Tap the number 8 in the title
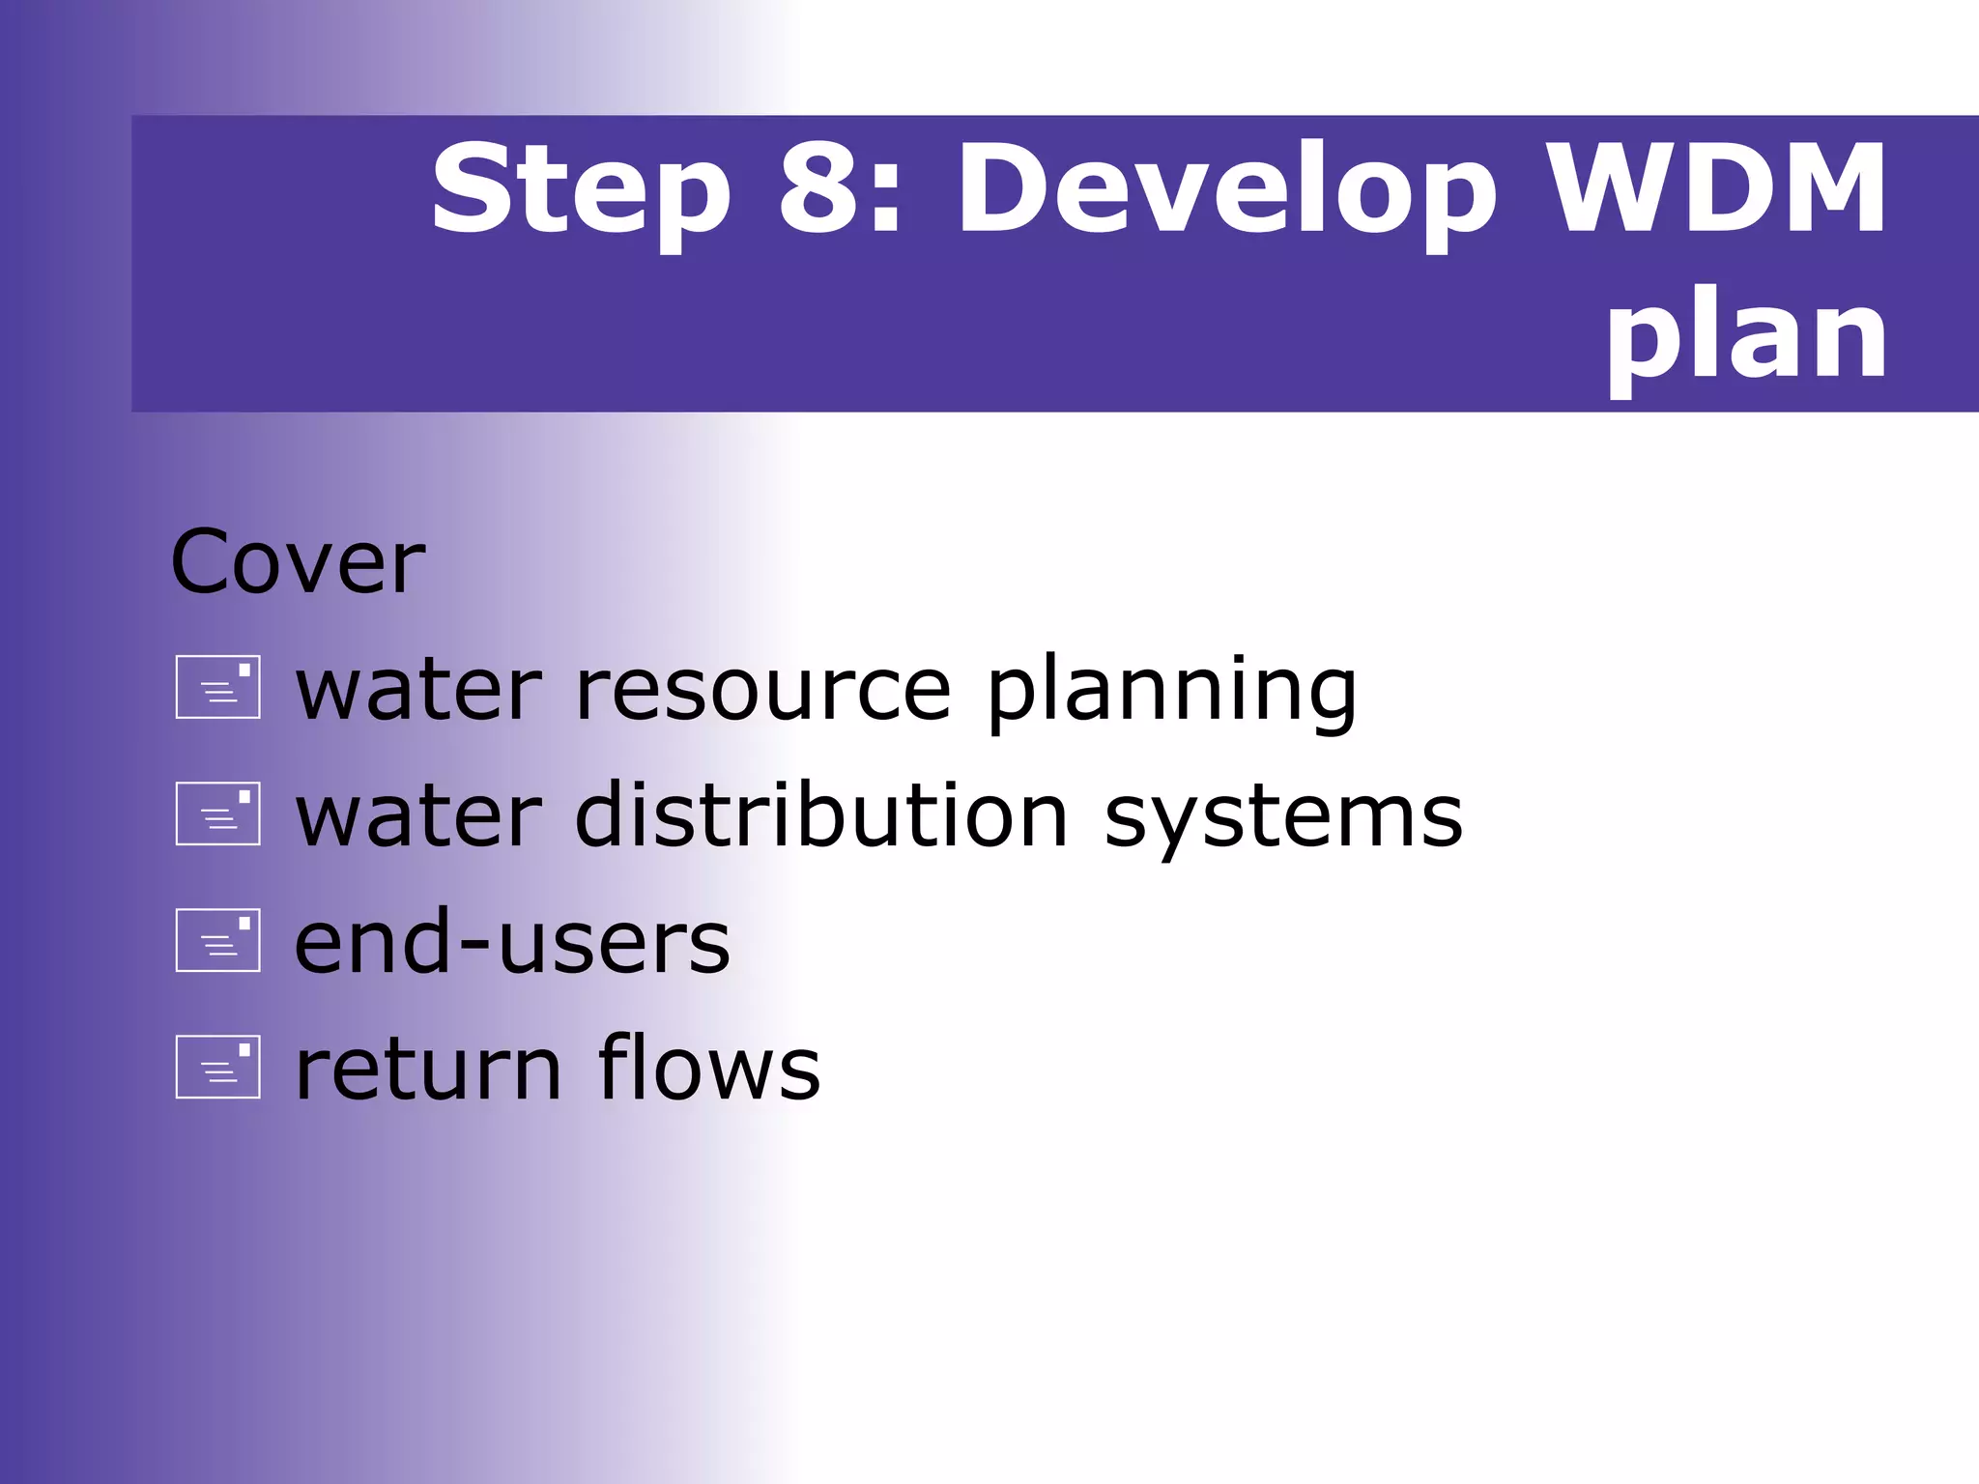[819, 188]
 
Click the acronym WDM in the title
[1714, 188]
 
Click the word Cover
[297, 562]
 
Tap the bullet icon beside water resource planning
[218, 687]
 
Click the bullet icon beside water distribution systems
[218, 813]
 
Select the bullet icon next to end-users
[218, 940]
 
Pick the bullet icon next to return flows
[218, 1067]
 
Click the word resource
[763, 690]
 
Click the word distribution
[821, 816]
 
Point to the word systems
[1283, 819]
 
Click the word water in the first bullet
[417, 690]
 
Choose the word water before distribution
[417, 816]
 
